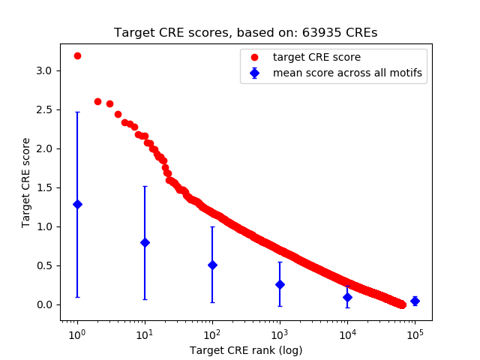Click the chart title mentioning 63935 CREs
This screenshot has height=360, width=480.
point(245,33)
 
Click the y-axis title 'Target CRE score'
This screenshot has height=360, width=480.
point(26,182)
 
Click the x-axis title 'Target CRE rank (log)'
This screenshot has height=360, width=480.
point(245,350)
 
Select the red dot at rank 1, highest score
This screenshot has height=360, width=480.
point(77,55)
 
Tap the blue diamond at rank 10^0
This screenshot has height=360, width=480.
point(77,204)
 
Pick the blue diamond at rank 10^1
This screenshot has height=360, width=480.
point(145,242)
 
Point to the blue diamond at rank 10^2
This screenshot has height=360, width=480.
point(212,265)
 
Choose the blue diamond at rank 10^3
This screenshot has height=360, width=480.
point(280,284)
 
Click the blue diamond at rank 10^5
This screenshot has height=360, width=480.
point(415,301)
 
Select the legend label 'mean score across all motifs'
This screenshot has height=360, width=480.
point(347,73)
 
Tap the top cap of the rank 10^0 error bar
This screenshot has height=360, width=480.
point(77,112)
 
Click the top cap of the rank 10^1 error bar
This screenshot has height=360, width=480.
point(145,187)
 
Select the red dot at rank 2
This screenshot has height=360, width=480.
point(97,101)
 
